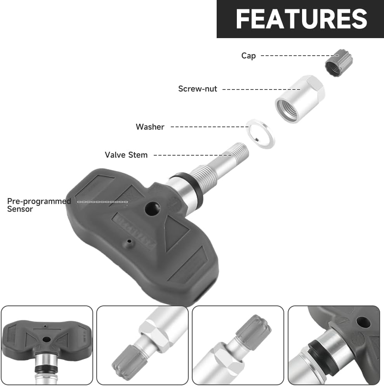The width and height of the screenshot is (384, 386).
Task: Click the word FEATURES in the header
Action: pos(301,18)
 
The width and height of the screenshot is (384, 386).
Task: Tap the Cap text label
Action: pos(248,56)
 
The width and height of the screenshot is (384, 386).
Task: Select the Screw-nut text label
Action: pos(198,89)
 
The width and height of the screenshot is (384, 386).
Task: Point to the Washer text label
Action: pos(150,127)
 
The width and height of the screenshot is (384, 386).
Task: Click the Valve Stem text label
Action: pos(126,155)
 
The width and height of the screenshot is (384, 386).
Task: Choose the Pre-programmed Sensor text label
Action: pos(39,205)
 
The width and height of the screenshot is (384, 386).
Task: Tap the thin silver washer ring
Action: pos(261,133)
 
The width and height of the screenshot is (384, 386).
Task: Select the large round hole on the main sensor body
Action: pos(152,209)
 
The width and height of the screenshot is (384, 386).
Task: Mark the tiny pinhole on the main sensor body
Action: pos(128,242)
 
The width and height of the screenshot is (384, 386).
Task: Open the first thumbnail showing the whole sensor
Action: pos(47,346)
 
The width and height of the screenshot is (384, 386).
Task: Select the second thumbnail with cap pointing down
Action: pos(142,346)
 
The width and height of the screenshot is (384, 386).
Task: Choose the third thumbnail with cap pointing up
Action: pos(238,346)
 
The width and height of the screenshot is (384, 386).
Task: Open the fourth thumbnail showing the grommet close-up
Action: pos(334,346)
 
